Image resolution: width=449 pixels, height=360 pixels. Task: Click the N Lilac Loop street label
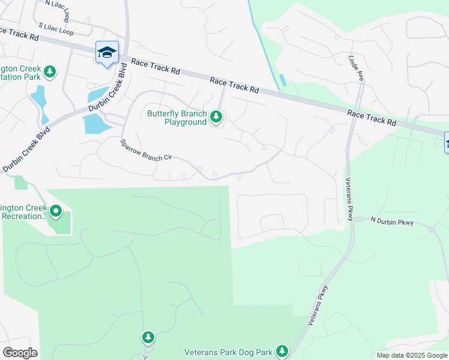(x=61, y=3)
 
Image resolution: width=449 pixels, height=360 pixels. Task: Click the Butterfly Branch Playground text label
(x=177, y=118)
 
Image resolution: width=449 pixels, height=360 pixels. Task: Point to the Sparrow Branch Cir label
(x=146, y=149)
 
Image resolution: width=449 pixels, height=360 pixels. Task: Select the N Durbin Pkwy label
(x=392, y=222)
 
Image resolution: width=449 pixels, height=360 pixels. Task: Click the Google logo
(x=20, y=353)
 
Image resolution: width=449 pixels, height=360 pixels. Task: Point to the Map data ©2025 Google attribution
(x=412, y=355)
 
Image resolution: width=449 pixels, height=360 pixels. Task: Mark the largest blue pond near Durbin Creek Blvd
(x=95, y=123)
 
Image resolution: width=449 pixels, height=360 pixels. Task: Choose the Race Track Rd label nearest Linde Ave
(x=372, y=117)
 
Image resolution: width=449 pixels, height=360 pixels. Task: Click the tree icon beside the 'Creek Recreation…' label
(x=56, y=211)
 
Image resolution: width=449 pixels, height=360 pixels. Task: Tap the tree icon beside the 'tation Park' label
(x=50, y=72)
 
